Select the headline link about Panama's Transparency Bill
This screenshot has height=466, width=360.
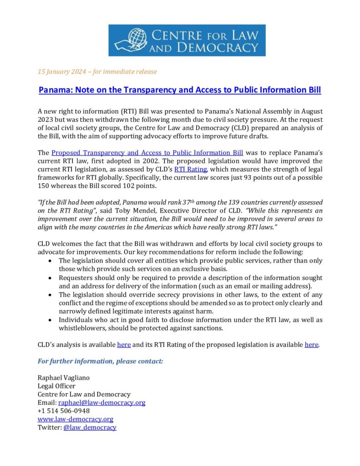click(180, 90)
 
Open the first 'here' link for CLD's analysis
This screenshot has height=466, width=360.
click(124, 344)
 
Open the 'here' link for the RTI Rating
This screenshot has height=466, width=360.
click(311, 344)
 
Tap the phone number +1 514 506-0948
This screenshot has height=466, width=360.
click(63, 411)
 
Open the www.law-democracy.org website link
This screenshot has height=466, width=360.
click(75, 419)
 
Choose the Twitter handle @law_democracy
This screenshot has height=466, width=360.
click(90, 427)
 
